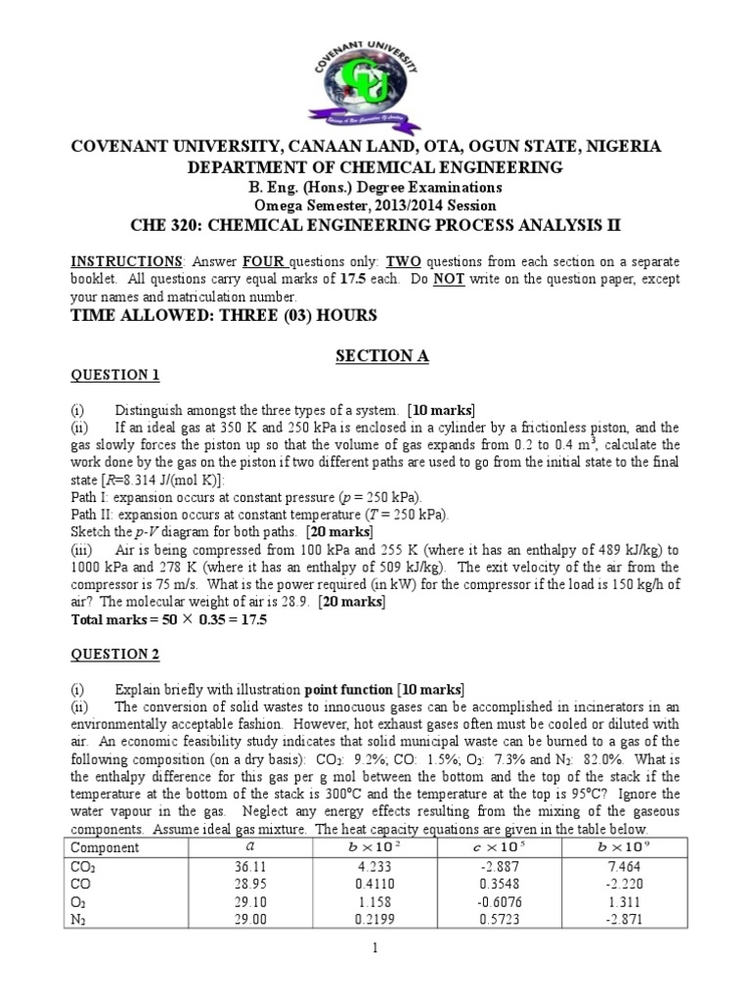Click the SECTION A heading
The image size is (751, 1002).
click(x=375, y=356)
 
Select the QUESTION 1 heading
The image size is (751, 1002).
click(x=116, y=375)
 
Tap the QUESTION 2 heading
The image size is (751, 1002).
click(x=116, y=653)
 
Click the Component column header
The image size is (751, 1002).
click(x=106, y=846)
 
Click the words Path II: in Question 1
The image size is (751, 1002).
click(x=91, y=514)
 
